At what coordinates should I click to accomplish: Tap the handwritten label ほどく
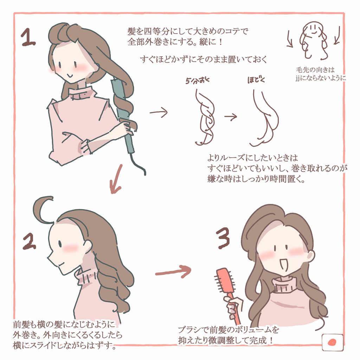[x=256, y=80]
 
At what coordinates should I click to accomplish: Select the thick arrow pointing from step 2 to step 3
[x=172, y=271]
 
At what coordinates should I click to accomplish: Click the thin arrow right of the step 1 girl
[x=159, y=112]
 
